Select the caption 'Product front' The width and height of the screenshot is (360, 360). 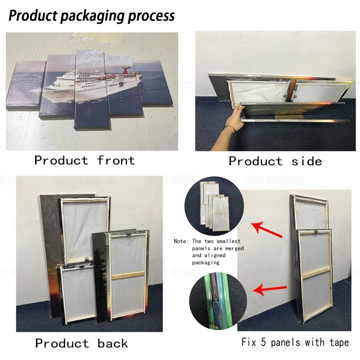point(85,160)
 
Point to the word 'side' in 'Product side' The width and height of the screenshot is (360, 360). point(306,161)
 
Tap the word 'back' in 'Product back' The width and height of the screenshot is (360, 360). point(113,343)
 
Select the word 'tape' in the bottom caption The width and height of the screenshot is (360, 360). point(338,343)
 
